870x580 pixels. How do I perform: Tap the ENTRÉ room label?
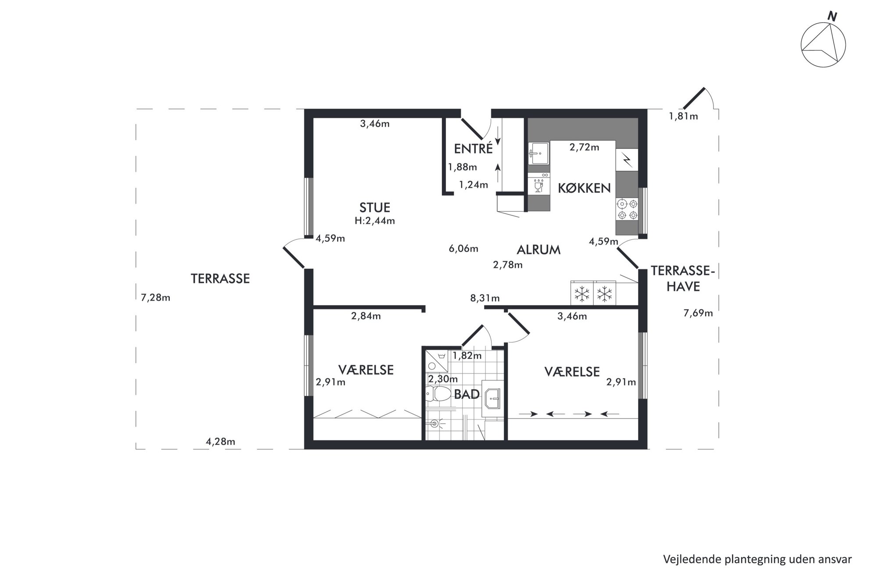coord(473,149)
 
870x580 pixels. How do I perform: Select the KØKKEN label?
coord(584,188)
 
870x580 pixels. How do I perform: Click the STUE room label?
coord(374,207)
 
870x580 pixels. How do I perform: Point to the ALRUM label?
coord(538,250)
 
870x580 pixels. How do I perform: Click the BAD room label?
coord(467,394)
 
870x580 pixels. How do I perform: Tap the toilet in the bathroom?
coord(438,394)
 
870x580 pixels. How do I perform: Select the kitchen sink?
coord(538,153)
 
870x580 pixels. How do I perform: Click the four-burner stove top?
coord(627,209)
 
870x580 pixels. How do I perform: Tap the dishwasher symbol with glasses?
coord(538,183)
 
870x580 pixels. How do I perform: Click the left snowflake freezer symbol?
coord(582,293)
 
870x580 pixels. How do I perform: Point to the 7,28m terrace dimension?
coord(155,298)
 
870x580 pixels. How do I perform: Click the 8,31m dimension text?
coord(485,298)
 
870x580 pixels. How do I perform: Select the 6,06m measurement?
coord(463,249)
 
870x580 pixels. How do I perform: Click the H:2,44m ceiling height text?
coord(374,221)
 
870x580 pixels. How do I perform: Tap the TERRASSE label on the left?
coord(220,278)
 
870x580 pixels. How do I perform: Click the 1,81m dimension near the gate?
coord(683,116)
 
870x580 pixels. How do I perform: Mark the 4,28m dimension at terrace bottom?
coord(220,441)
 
